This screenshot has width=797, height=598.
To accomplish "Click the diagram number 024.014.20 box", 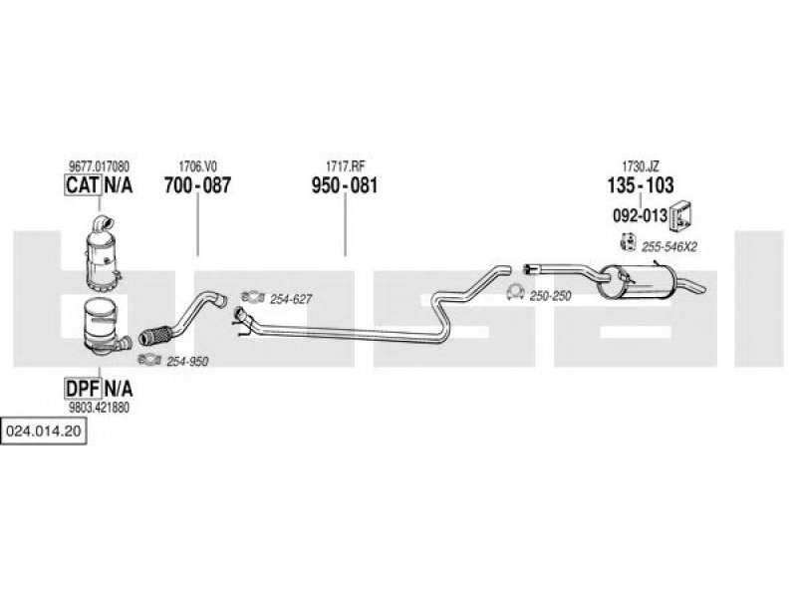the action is [x=43, y=432].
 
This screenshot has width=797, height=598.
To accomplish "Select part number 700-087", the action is [x=197, y=185].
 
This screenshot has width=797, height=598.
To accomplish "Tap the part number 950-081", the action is [x=345, y=185].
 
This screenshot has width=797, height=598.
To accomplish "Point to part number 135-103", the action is [x=641, y=185].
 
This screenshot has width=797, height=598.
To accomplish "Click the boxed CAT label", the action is [x=83, y=184].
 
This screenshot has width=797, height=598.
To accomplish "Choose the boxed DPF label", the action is [x=83, y=389].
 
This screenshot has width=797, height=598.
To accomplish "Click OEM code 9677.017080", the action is [x=99, y=166].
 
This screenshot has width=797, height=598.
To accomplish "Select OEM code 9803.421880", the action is [x=99, y=408].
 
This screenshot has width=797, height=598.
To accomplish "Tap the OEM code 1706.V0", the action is [x=197, y=166].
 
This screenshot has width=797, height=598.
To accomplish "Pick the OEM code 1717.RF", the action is [x=345, y=166].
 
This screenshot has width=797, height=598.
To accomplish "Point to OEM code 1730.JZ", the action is [x=641, y=166].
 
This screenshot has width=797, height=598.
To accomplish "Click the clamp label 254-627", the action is [x=291, y=299].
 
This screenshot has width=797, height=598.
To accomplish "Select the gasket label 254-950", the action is [x=187, y=362].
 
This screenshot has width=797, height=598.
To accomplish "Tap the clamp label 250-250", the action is [x=551, y=296].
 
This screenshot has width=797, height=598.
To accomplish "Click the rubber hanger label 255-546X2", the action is [x=668, y=247].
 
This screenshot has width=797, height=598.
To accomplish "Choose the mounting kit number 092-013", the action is [x=640, y=215].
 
